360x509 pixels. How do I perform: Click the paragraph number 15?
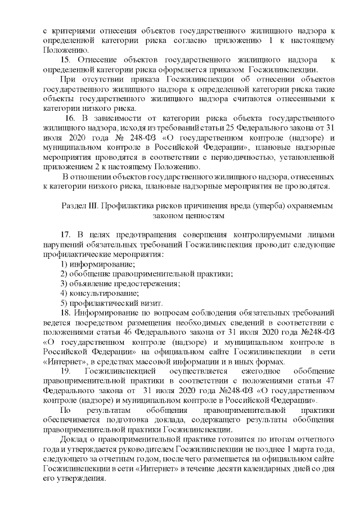65,60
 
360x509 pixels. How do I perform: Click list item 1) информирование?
97,263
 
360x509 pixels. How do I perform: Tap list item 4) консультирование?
99,292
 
